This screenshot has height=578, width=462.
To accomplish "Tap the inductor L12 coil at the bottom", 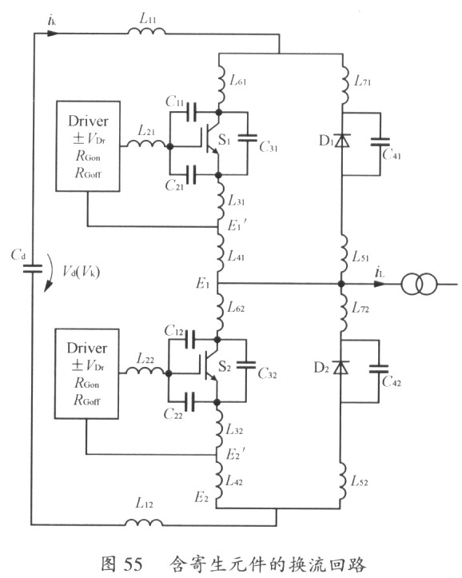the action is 144,522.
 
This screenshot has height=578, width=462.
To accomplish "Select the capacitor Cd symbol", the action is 33,269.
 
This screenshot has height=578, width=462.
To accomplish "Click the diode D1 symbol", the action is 342,141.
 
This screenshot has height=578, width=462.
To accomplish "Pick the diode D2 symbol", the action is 341,368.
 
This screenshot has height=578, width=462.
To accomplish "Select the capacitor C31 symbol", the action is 248,138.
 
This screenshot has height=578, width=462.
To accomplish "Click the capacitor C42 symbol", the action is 379,369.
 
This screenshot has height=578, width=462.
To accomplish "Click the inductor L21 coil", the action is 146,143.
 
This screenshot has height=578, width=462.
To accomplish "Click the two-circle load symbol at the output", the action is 419,285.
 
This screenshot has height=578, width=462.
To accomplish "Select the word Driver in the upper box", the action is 88,121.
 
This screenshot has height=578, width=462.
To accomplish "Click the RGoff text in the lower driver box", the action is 87,400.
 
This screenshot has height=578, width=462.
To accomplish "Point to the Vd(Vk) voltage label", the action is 81,272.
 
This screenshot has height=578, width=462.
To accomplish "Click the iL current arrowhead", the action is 380,284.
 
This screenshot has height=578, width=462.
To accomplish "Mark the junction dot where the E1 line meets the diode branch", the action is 341,284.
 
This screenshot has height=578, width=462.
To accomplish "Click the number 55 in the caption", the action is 133,564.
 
